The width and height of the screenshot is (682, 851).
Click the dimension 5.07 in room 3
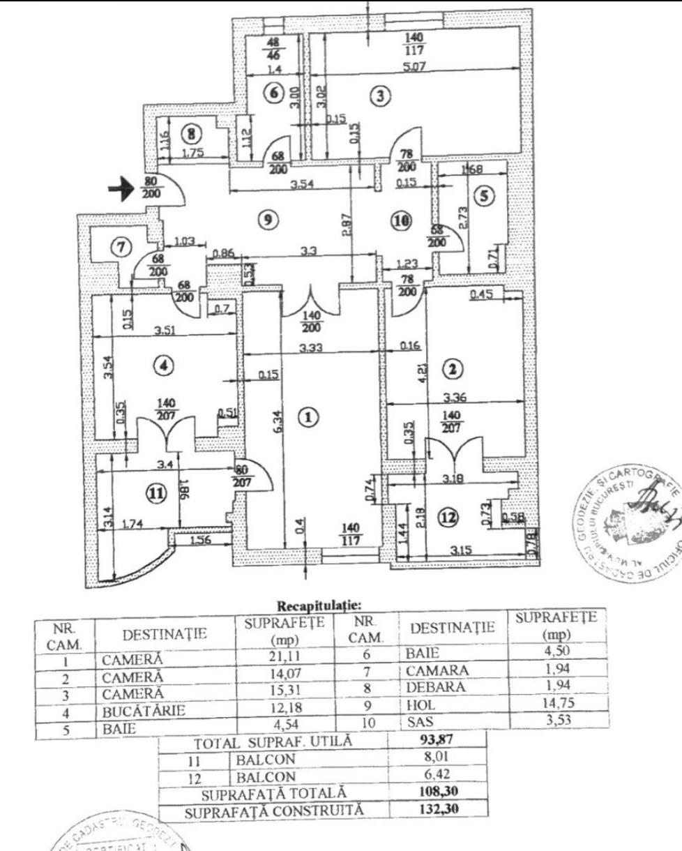click(x=416, y=67)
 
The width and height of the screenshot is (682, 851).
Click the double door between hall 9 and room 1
click(x=310, y=304)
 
